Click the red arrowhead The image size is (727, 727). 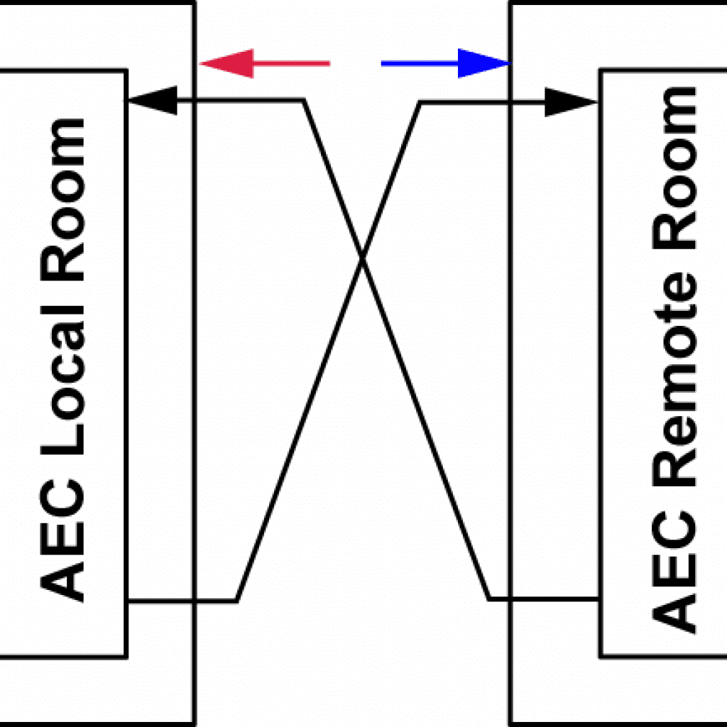[x=226, y=64]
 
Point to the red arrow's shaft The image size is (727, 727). [x=291, y=64]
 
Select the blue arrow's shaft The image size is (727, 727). [x=419, y=64]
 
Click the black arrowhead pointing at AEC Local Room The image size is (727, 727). [x=151, y=101]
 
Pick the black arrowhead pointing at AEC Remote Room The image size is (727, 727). [x=572, y=102]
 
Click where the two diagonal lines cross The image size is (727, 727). [x=363, y=263]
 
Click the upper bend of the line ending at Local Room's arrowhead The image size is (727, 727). [x=304, y=101]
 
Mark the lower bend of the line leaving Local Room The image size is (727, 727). [x=237, y=601]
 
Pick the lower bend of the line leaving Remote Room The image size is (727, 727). [x=489, y=599]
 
